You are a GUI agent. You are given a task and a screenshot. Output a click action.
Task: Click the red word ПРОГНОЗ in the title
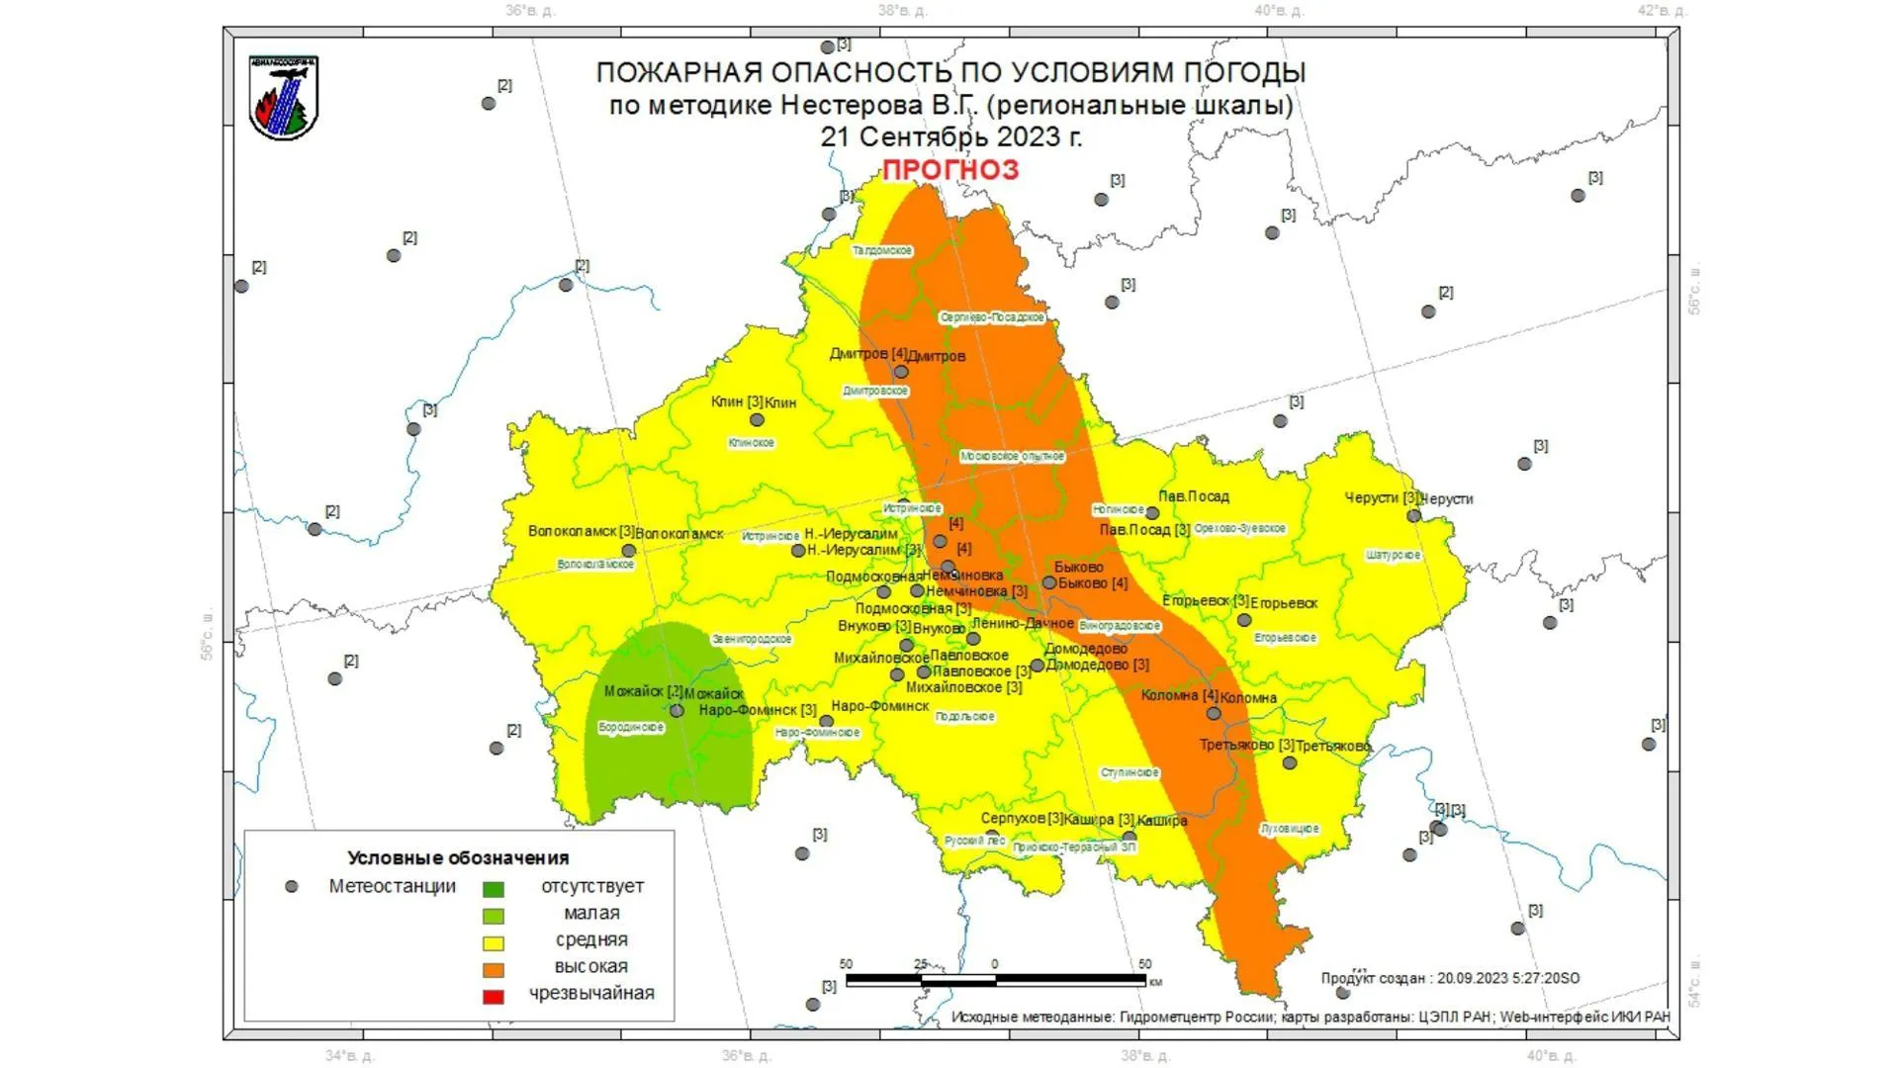click(949, 170)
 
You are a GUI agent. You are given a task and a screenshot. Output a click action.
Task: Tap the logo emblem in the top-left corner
click(284, 97)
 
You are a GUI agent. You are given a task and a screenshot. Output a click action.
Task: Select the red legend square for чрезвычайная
click(493, 996)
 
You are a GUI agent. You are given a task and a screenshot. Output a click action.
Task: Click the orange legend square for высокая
click(493, 969)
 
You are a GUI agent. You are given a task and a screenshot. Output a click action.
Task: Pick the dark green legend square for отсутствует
click(493, 889)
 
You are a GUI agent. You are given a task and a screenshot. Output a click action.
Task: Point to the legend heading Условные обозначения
click(458, 858)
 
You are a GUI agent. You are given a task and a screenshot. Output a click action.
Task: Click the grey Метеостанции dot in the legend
click(292, 887)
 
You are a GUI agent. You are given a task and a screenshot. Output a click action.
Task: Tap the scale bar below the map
click(995, 980)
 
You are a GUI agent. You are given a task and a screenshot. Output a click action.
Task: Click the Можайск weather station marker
click(677, 711)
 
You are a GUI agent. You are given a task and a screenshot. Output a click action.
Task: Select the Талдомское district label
click(882, 251)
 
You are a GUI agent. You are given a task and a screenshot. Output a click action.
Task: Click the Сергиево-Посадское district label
click(992, 317)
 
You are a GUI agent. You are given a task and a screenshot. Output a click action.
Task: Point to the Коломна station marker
click(1214, 713)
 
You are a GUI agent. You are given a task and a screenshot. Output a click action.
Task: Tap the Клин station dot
click(757, 420)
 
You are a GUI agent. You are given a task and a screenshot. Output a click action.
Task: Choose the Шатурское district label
click(1393, 556)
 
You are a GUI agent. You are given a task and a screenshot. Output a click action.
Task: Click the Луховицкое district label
click(1290, 829)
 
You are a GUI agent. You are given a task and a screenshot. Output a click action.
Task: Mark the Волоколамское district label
click(595, 565)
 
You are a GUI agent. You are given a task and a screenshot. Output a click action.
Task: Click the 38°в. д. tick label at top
click(902, 11)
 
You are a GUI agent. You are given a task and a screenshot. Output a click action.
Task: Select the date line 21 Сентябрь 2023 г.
click(950, 136)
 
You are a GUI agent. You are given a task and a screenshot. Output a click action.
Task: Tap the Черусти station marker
click(1414, 515)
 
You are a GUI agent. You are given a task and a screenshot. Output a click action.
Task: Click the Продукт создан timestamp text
click(1450, 978)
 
